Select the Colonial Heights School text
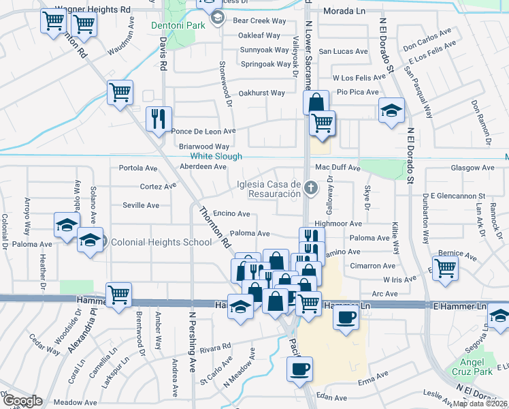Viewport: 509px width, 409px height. pyautogui.click(x=152, y=241)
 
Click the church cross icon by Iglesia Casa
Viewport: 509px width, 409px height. pyautogui.click(x=310, y=187)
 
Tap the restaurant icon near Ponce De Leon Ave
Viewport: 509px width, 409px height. pyautogui.click(x=159, y=119)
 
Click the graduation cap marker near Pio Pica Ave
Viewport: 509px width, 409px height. pyautogui.click(x=391, y=111)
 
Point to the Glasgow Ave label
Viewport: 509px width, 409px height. pyautogui.click(x=473, y=168)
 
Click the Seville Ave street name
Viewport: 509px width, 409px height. pyautogui.click(x=141, y=205)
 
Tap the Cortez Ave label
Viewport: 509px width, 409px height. pyautogui.click(x=158, y=186)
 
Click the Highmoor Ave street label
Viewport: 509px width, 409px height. pyautogui.click(x=338, y=224)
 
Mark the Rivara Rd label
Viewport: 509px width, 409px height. pyautogui.click(x=216, y=347)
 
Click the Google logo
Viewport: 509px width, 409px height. pyautogui.click(x=22, y=401)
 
